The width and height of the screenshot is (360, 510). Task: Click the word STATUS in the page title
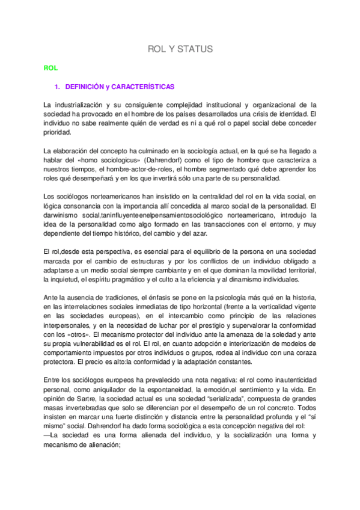click(195, 49)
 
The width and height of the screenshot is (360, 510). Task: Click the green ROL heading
click(50, 69)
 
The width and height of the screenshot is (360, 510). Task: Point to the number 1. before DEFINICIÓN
click(58, 87)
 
